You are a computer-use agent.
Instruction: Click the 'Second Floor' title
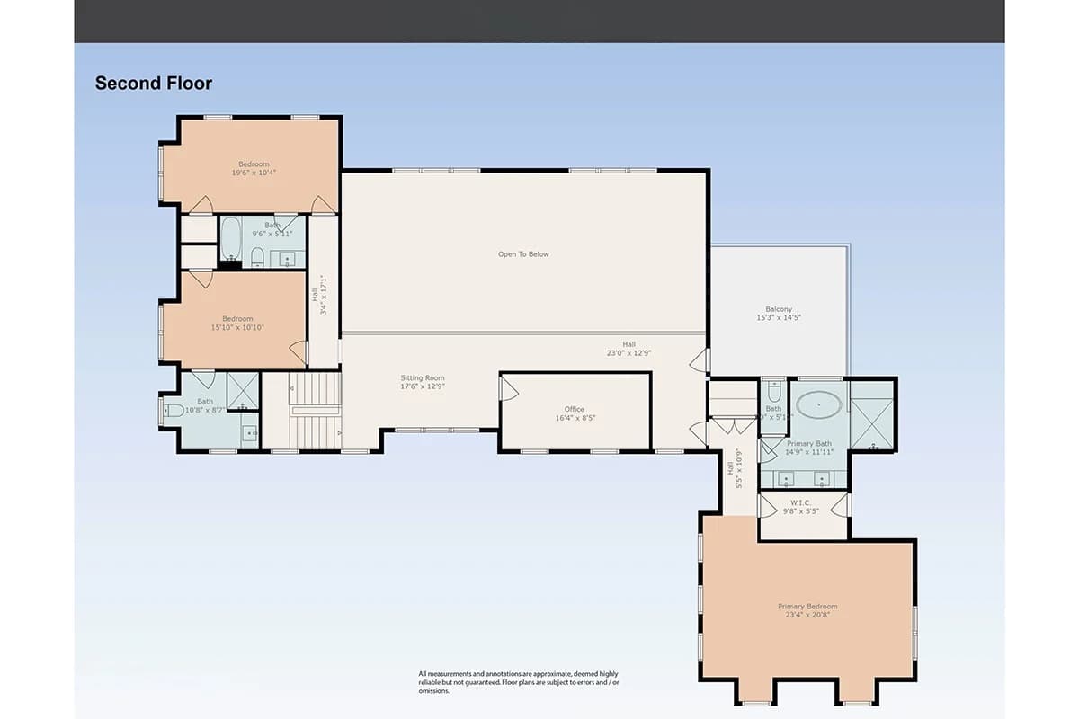point(154,84)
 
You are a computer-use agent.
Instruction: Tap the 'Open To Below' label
point(523,254)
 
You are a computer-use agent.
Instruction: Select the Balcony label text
point(779,313)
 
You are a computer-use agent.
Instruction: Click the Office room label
point(575,413)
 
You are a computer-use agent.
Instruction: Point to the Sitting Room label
point(423,382)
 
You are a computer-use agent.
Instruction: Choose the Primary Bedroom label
point(807,611)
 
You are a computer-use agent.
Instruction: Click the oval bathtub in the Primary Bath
point(818,405)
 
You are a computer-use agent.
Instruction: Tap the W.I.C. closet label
point(800,507)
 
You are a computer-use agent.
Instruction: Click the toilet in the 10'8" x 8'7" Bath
point(173,411)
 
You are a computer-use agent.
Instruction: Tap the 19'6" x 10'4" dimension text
point(254,173)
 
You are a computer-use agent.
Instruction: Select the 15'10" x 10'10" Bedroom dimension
point(237,327)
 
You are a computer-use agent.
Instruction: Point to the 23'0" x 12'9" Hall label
point(629,349)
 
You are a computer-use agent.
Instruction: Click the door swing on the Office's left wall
point(509,388)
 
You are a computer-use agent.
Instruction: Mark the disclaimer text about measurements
point(518,682)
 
